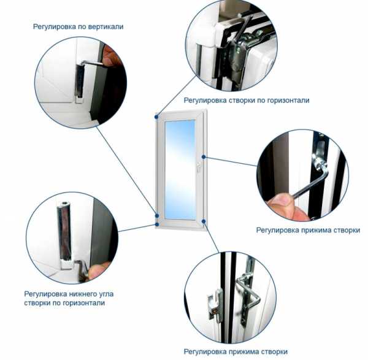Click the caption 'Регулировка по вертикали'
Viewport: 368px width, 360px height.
pos(78,27)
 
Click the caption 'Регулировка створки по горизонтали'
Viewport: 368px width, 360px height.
pos(247,101)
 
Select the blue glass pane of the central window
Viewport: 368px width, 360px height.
pos(180,170)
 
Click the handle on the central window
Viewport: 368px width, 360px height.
pos(199,166)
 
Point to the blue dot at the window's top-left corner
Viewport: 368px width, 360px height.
pos(156,117)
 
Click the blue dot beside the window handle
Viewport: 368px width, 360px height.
pos(204,157)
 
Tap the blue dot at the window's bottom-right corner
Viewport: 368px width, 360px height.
pos(204,221)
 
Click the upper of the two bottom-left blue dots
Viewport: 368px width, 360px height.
pos(157,216)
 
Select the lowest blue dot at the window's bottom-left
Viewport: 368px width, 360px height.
pos(157,224)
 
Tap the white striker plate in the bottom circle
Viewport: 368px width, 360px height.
pos(215,305)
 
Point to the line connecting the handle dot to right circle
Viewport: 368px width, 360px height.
pos(231,161)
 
